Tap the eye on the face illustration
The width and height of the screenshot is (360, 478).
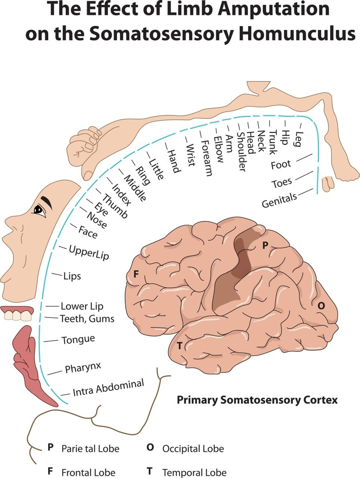pos(39,210)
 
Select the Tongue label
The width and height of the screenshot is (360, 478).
pos(78,340)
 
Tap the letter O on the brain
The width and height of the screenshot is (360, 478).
pos(321,306)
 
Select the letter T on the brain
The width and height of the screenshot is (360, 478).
pos(179,345)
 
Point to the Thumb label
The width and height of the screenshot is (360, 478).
pos(115,206)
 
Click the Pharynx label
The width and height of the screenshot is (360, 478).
pos(83,367)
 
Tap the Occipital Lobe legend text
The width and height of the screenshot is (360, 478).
pos(193,449)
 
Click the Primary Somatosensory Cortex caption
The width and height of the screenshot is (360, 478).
pos(257,400)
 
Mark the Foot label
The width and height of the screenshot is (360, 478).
pos(281,164)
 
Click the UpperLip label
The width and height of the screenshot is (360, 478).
pos(89,253)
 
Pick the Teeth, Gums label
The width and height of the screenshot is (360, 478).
pos(87,319)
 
